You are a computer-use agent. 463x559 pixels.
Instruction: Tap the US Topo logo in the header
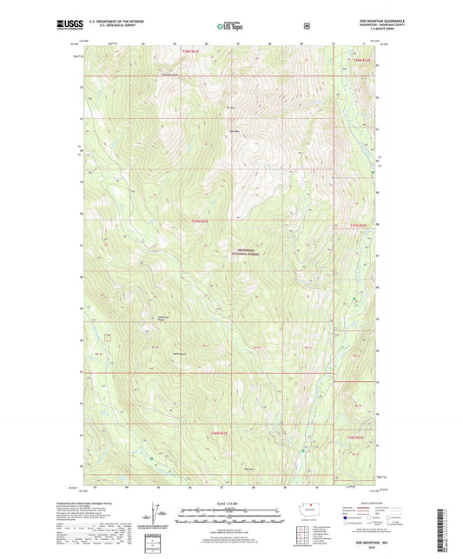point(230,26)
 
